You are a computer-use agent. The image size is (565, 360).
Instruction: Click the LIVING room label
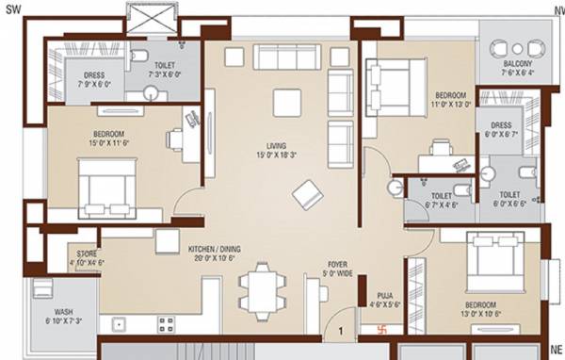pyautogui.click(x=276, y=146)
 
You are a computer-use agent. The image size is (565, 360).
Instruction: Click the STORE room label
pyautogui.click(x=87, y=254)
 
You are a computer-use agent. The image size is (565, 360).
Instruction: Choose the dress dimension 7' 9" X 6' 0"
pyautogui.click(x=92, y=82)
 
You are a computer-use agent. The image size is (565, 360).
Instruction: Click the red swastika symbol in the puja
pyautogui.click(x=382, y=331)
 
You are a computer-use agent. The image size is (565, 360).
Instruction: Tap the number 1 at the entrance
pyautogui.click(x=340, y=332)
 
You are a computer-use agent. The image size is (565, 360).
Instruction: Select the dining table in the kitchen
pyautogui.click(x=261, y=286)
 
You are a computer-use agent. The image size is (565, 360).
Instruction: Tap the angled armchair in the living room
pyautogui.click(x=307, y=195)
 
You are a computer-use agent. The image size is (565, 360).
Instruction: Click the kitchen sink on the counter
pyautogui.click(x=121, y=325)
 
